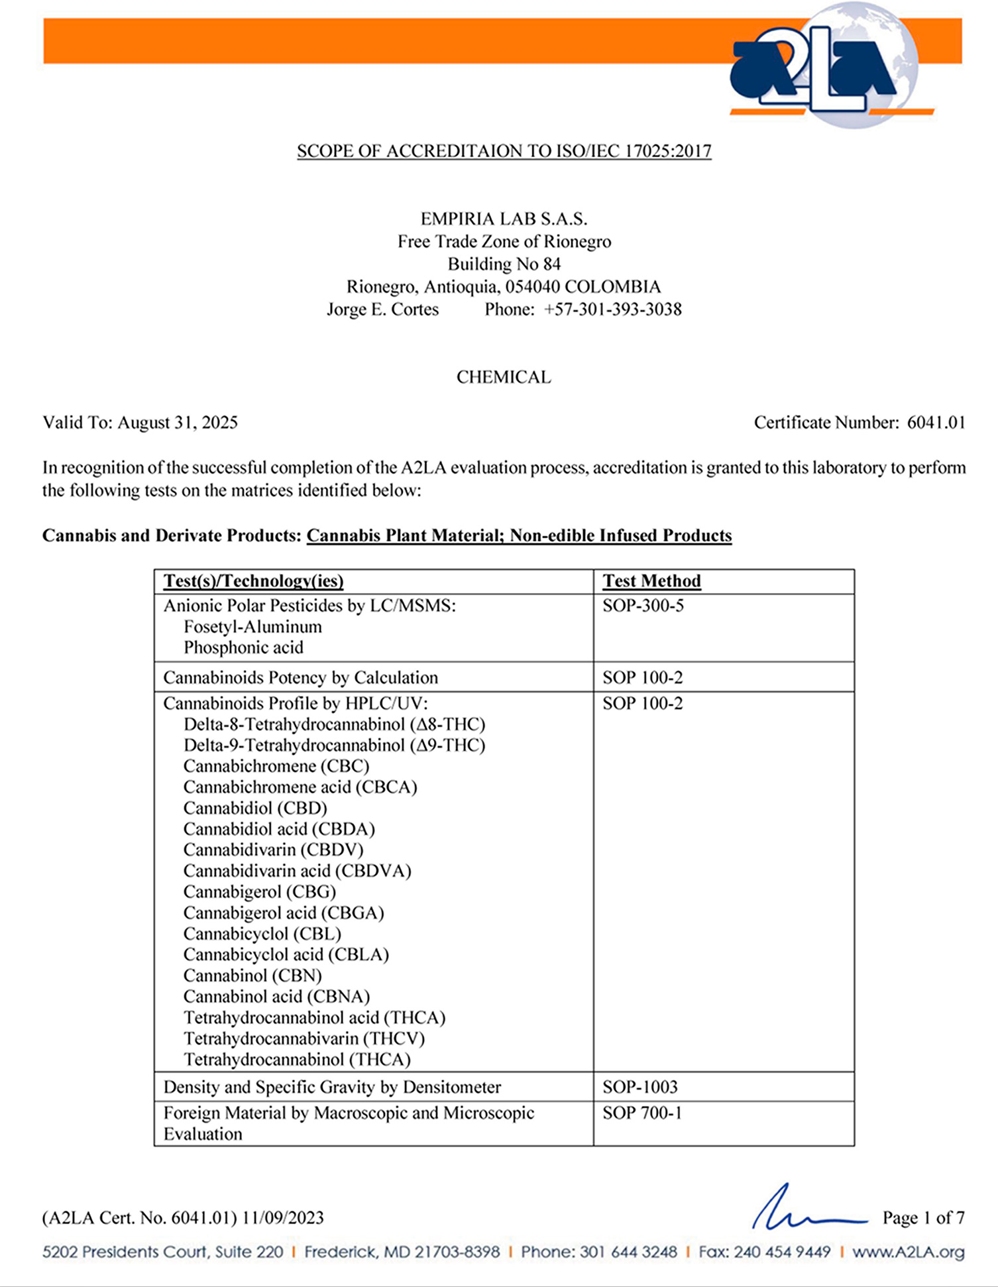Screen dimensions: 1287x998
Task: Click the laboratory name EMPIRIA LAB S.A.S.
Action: (504, 219)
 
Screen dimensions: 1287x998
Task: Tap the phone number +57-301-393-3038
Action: (612, 309)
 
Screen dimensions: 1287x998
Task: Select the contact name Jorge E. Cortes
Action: (382, 309)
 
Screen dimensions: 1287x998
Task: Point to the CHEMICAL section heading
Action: (504, 377)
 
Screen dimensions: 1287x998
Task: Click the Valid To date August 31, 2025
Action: (178, 423)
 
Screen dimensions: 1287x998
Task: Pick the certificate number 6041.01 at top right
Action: (936, 423)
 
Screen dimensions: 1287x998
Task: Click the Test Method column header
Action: (651, 581)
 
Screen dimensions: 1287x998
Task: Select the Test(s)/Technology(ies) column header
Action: (253, 581)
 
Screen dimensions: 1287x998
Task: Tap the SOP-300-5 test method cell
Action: (643, 606)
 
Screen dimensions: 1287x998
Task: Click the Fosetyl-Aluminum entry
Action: (252, 627)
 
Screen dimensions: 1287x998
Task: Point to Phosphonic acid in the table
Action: (243, 647)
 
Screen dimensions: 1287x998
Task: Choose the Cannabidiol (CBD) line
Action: (255, 809)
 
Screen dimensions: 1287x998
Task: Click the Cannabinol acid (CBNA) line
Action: (276, 997)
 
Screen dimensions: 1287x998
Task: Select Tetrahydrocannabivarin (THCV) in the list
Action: (304, 1038)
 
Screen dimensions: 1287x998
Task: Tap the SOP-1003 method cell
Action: (640, 1087)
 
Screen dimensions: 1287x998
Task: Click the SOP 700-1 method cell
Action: (642, 1113)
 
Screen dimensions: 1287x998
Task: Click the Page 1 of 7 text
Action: (923, 1218)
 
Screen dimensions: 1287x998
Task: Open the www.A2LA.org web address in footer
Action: (908, 1252)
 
